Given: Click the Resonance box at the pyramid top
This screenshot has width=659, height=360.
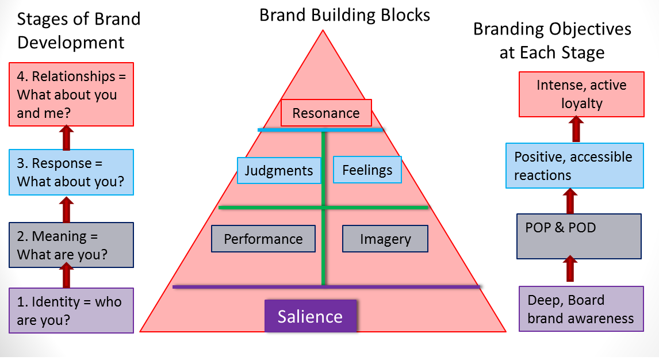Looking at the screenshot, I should tap(326, 113).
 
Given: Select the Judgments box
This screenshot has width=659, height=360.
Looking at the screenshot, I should tap(279, 170).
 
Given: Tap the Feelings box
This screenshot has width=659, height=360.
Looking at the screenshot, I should tap(367, 170).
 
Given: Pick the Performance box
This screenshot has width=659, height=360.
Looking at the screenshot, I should tap(263, 239).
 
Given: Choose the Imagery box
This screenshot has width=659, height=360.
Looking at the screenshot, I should tap(385, 239).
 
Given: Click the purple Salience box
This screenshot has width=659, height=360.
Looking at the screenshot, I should tap(311, 316).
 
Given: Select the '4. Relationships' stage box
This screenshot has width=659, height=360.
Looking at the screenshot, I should tap(71, 94).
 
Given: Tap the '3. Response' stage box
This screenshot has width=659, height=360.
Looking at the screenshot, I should tap(71, 173).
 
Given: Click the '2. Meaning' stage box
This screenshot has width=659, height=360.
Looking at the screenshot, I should tap(71, 245).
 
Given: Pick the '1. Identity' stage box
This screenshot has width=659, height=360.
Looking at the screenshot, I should tap(71, 311).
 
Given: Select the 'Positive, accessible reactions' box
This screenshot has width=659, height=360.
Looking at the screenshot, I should tap(573, 166).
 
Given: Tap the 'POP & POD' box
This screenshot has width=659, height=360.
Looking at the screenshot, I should tap(579, 236).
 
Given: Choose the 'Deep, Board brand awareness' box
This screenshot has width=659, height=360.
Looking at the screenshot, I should tap(581, 309).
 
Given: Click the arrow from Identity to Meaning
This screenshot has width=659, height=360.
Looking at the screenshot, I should tap(67, 275).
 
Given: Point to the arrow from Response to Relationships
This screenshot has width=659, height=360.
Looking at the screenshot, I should tap(67, 137).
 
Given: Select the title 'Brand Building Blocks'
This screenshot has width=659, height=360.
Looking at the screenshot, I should tap(344, 15).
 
